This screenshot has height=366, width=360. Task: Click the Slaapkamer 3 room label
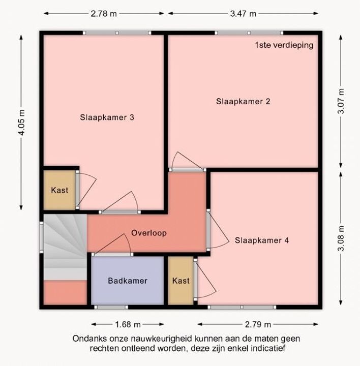point(107,117)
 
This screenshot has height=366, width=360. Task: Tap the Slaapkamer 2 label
point(243,101)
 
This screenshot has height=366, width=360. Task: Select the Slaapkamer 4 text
point(262,240)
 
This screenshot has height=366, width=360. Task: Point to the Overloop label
point(149,233)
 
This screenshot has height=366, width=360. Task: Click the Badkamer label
point(128,281)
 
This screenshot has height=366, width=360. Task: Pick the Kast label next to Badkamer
point(181,281)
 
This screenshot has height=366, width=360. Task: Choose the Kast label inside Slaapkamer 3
point(59,190)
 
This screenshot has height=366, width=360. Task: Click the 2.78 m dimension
point(104,14)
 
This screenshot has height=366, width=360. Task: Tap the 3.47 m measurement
point(243,14)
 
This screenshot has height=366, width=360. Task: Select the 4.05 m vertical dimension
point(21,123)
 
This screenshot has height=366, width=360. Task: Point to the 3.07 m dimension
point(341,101)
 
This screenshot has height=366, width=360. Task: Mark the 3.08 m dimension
point(341,238)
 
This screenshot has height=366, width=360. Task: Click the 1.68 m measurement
point(128,324)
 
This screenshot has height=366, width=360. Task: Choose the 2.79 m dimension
point(258,324)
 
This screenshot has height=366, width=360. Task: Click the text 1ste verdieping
point(284,45)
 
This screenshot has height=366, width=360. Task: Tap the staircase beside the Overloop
point(65,247)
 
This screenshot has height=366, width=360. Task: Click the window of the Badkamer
point(111,307)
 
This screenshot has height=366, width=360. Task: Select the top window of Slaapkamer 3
point(117,33)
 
